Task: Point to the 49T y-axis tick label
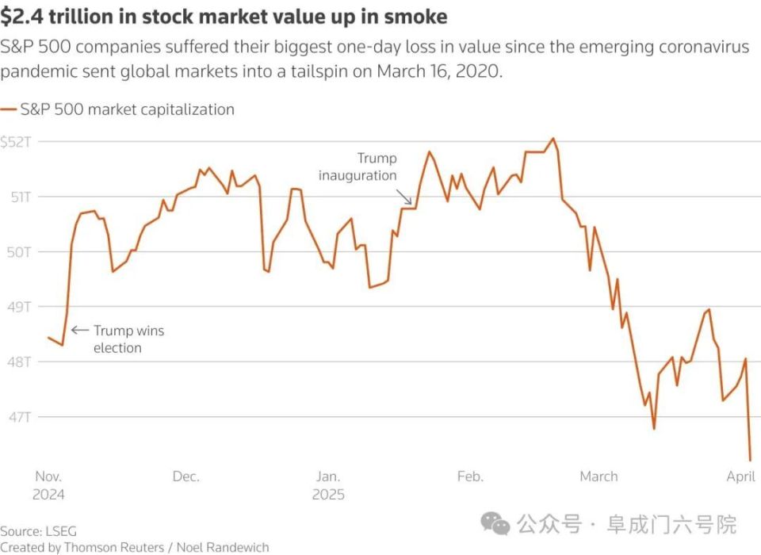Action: (x=14, y=307)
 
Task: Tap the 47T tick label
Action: (x=14, y=417)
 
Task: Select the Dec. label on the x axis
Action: (x=185, y=477)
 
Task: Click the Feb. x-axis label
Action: (x=470, y=477)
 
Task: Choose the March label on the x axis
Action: (x=598, y=477)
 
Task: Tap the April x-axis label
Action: (x=740, y=477)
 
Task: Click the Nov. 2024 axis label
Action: (x=49, y=485)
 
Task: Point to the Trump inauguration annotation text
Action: (x=358, y=167)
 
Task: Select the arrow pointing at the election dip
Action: (x=79, y=330)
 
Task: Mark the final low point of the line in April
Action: (x=750, y=460)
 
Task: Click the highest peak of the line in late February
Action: (x=553, y=139)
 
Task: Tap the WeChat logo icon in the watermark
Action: (x=497, y=523)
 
